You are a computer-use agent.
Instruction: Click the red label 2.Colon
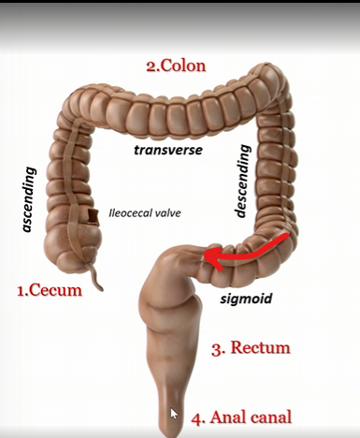click(x=176, y=66)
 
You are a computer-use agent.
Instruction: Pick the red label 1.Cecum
click(x=50, y=290)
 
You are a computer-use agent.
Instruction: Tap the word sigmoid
click(x=244, y=299)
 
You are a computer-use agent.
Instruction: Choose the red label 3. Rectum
click(x=251, y=348)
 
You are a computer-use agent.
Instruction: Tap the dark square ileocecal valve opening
click(x=94, y=218)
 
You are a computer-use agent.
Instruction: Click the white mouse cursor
click(x=175, y=413)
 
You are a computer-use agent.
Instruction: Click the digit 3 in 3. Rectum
click(x=216, y=349)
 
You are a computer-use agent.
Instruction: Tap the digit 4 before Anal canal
click(x=196, y=417)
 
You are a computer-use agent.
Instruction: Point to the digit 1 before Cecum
click(x=22, y=290)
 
